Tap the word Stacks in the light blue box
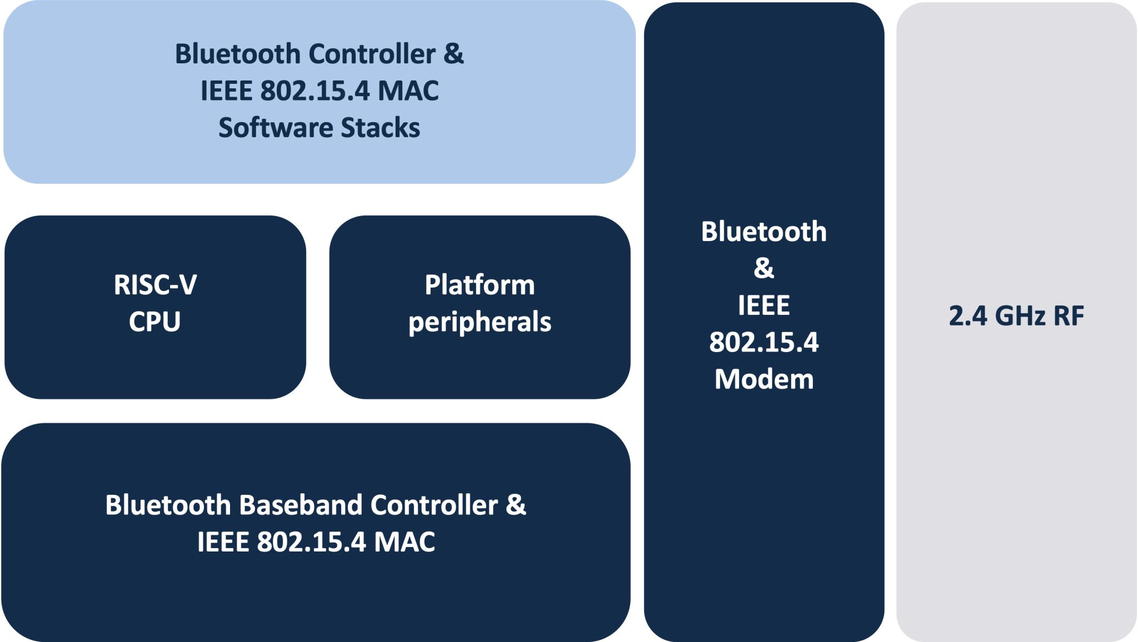pyautogui.click(x=381, y=128)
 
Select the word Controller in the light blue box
pyautogui.click(x=372, y=54)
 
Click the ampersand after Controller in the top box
pyautogui.click(x=453, y=54)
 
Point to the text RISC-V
pyautogui.click(x=155, y=285)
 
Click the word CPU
pyautogui.click(x=155, y=322)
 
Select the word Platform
pyautogui.click(x=480, y=285)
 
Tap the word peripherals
pyautogui.click(x=480, y=322)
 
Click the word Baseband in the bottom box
pyautogui.click(x=301, y=505)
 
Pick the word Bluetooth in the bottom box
pyautogui.click(x=168, y=505)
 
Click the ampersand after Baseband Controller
pyautogui.click(x=516, y=505)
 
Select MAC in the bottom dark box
pyautogui.click(x=405, y=542)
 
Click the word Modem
pyautogui.click(x=764, y=379)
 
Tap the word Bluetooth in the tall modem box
pyautogui.click(x=764, y=232)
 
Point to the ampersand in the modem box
pyautogui.click(x=764, y=268)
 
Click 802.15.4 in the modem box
pyautogui.click(x=764, y=342)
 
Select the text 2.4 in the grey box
pyautogui.click(x=967, y=316)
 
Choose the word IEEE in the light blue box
pyautogui.click(x=226, y=91)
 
